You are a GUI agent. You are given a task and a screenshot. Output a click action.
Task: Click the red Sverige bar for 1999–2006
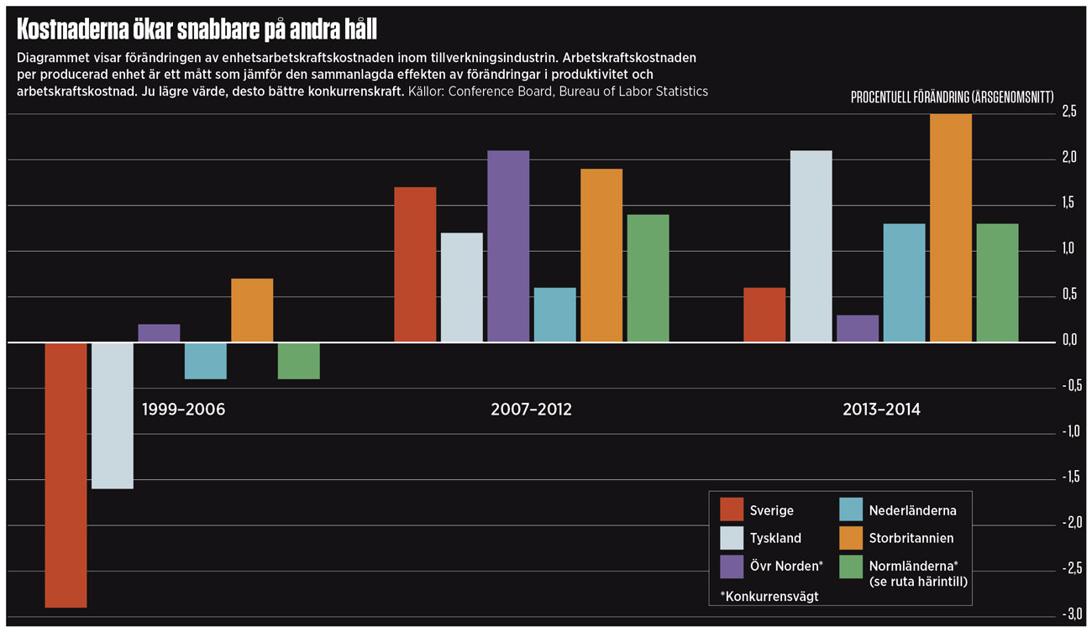(x=66, y=474)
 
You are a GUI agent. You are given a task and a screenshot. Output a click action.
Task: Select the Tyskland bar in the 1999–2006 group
(x=113, y=415)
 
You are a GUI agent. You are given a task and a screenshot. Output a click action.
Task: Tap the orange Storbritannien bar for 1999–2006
(x=252, y=311)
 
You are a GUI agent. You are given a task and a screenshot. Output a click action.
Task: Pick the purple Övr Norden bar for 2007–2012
(x=508, y=247)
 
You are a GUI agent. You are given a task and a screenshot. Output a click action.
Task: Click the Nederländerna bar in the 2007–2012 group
(x=555, y=316)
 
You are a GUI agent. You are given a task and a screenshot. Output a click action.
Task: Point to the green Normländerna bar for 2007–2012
(x=648, y=279)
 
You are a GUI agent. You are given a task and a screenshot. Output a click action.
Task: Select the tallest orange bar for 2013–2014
(x=951, y=228)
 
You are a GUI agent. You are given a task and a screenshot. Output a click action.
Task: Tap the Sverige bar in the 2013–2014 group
(x=764, y=316)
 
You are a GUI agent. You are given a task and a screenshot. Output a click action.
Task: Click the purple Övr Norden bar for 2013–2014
(x=858, y=329)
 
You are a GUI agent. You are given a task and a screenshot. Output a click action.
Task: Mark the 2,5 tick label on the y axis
(x=1068, y=112)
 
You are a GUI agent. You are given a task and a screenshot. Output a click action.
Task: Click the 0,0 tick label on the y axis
(x=1068, y=341)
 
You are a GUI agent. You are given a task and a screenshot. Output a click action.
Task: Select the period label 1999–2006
(x=183, y=410)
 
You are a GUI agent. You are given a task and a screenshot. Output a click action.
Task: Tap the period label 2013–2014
(x=881, y=410)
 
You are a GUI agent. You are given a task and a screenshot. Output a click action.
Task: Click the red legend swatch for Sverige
(x=732, y=509)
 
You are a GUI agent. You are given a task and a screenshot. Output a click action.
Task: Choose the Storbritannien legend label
(x=911, y=538)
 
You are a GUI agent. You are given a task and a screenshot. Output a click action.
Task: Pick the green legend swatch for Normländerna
(x=852, y=567)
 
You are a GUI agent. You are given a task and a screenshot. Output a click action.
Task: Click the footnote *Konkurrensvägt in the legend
(x=769, y=596)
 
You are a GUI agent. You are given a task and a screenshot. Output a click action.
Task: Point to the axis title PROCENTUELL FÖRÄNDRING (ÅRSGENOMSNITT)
(x=952, y=97)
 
